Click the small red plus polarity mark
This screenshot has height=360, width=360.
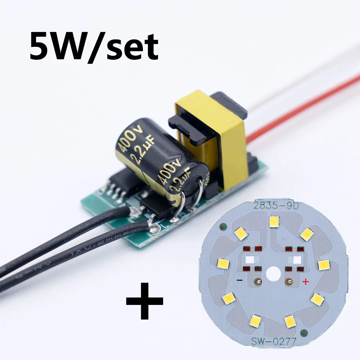tap(305, 282)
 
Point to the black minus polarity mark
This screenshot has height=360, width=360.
tap(239, 280)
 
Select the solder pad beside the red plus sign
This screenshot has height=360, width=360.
tap(288, 281)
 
